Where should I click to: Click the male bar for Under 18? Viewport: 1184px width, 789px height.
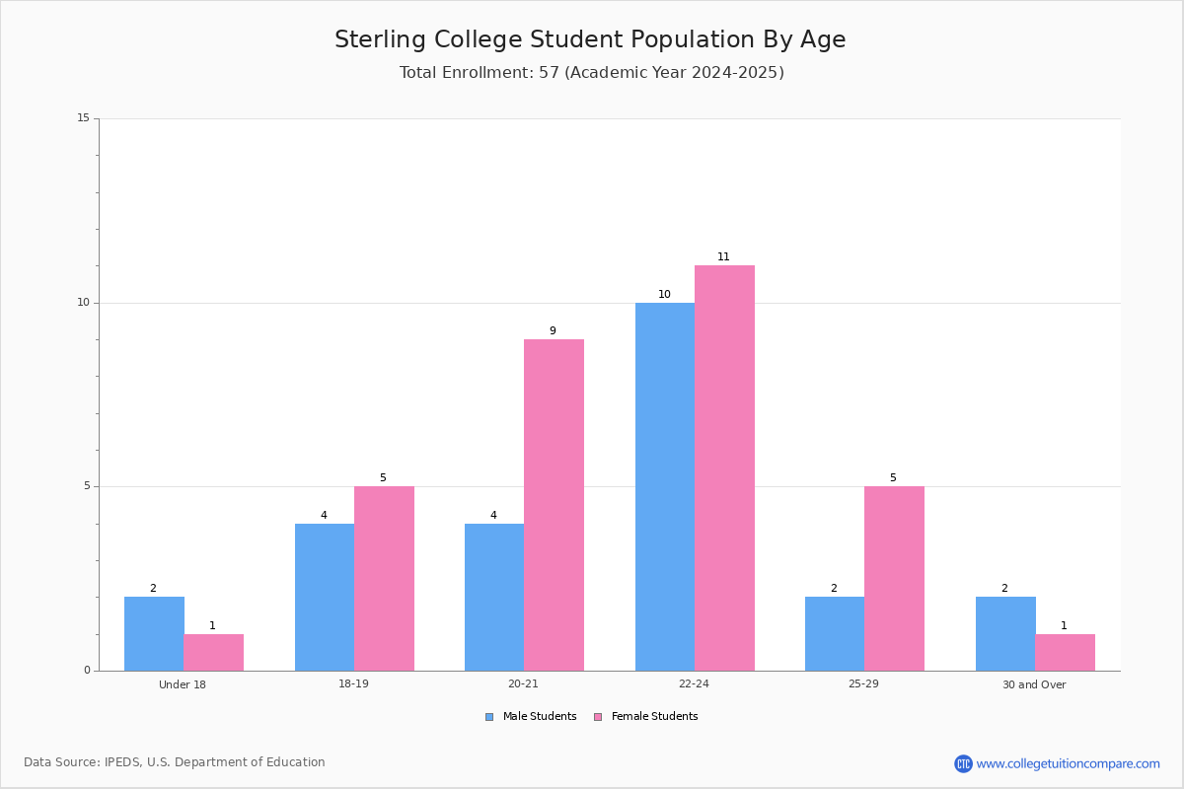[154, 633]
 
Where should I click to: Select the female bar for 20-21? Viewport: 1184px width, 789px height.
[554, 505]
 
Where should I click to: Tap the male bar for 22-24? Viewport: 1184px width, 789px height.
[665, 487]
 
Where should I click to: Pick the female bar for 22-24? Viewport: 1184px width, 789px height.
[724, 468]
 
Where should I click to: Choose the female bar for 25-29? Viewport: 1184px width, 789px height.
[894, 579]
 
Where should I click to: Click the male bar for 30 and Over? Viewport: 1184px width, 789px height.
[1005, 633]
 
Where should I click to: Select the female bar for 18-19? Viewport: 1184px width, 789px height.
[384, 579]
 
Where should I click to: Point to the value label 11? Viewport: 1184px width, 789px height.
[723, 256]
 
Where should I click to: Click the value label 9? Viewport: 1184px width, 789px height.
[553, 330]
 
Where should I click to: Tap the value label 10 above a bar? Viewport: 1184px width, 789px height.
[664, 294]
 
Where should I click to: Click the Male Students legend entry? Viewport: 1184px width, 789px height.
[531, 717]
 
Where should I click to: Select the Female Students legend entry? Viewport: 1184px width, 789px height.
[646, 717]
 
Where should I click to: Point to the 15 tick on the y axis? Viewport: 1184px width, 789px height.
[84, 117]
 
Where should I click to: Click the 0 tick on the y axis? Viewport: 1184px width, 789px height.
[87, 670]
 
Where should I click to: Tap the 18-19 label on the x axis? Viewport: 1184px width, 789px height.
[353, 683]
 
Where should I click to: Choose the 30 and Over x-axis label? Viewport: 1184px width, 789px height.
[1034, 684]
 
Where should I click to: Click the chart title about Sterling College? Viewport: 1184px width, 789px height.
[590, 39]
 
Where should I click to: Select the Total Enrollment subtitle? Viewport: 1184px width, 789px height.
[591, 72]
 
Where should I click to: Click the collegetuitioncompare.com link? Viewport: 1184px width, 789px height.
[1057, 763]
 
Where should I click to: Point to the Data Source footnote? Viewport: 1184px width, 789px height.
[175, 762]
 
